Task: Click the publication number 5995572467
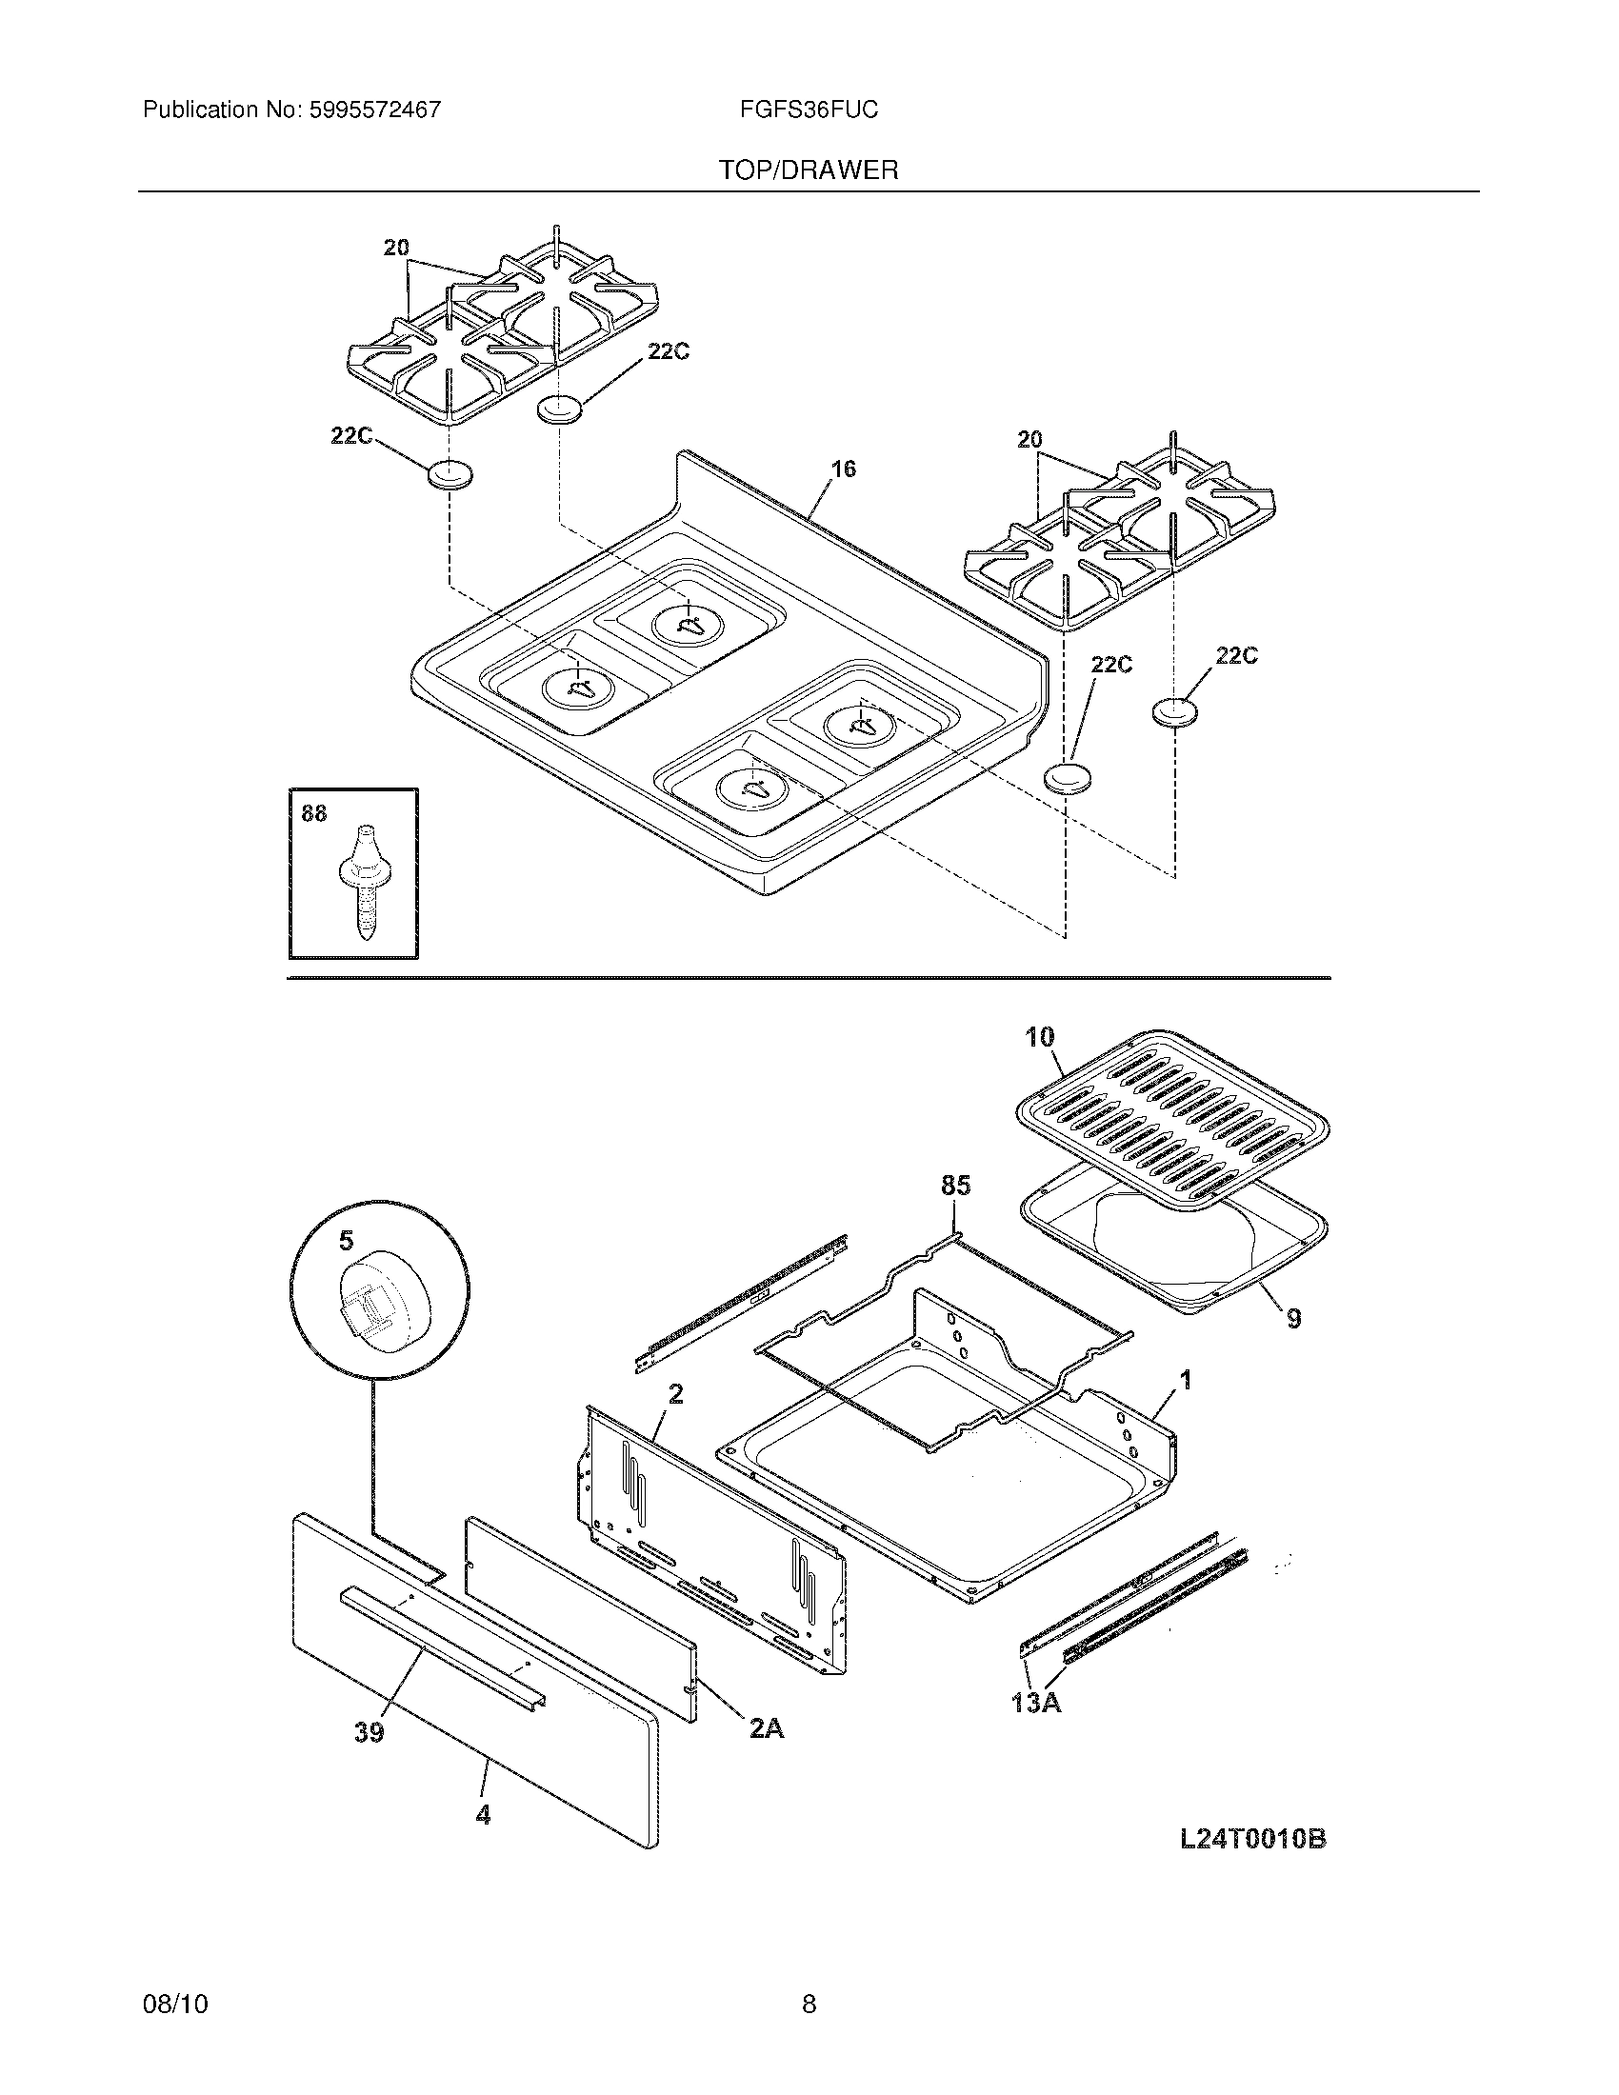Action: point(375,110)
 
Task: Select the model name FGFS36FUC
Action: point(809,110)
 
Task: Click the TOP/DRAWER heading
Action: point(809,170)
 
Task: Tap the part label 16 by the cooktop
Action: point(843,469)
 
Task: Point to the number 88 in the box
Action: point(313,813)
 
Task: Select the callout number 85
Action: point(955,1186)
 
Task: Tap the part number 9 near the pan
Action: point(1294,1319)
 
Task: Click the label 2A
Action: point(767,1728)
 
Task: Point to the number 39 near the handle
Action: point(370,1731)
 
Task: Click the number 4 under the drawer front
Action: point(484,1814)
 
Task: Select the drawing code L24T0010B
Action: point(1252,1839)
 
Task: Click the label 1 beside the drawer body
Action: point(1186,1381)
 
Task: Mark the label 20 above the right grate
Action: point(1029,440)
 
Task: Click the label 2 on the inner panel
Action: point(675,1394)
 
